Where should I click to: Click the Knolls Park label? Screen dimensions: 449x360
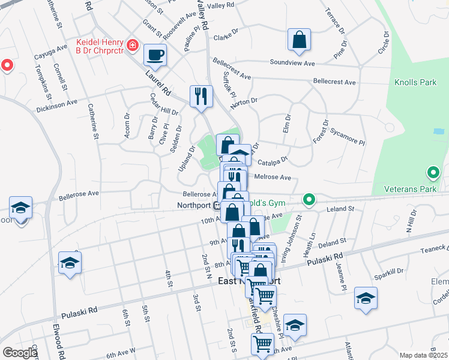pyautogui.click(x=415, y=82)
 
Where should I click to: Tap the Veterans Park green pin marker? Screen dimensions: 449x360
pyautogui.click(x=432, y=175)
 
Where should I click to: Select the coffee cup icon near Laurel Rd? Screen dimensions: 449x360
pyautogui.click(x=155, y=55)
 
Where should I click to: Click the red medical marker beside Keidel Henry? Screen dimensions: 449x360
pyautogui.click(x=132, y=46)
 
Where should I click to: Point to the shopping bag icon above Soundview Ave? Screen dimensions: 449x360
pyautogui.click(x=299, y=40)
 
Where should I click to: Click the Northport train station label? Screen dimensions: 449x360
pyautogui.click(x=194, y=205)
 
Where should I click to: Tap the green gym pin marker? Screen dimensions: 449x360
pyautogui.click(x=309, y=199)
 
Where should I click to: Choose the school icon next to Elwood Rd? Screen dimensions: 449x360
pyautogui.click(x=70, y=263)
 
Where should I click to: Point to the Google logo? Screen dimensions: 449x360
pyautogui.click(x=20, y=353)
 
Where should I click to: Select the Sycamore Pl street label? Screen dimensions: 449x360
pyautogui.click(x=347, y=140)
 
